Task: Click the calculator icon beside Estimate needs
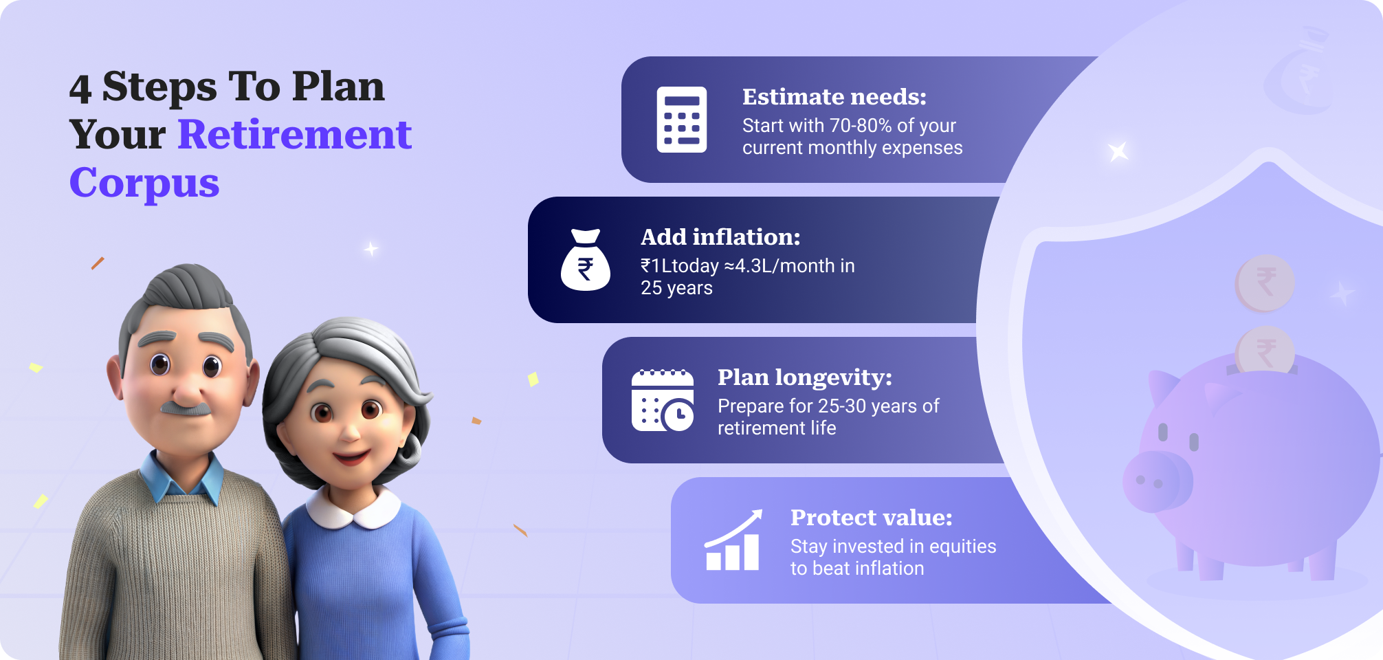pos(681,120)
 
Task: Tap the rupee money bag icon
pos(586,261)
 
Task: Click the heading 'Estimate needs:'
pos(834,97)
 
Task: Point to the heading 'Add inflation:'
pos(720,237)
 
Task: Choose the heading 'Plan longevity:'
pos(804,377)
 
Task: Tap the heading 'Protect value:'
pos(871,518)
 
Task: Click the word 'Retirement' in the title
pos(295,134)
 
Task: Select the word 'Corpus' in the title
pos(144,183)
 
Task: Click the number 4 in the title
pos(80,89)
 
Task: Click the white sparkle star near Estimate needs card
pos(1118,151)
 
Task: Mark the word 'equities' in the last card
pos(962,547)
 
